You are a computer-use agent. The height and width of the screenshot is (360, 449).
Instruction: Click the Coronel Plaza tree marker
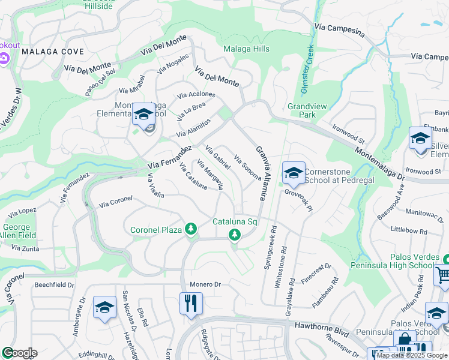tap(191, 229)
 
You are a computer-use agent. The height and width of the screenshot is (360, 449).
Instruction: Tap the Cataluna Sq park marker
tap(235, 236)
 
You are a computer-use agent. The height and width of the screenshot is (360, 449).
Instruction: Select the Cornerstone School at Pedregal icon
tap(293, 173)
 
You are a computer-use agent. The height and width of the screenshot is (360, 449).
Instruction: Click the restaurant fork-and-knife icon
tap(191, 303)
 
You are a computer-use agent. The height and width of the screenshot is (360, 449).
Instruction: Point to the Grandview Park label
tap(307, 110)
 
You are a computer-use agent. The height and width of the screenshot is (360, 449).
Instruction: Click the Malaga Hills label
tap(246, 49)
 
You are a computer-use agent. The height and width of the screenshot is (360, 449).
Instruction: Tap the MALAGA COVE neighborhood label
tap(53, 52)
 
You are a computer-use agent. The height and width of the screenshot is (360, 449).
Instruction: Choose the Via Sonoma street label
tap(247, 168)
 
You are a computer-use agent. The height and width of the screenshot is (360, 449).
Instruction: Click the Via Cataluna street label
tap(193, 176)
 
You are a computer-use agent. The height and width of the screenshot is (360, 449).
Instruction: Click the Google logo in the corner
tap(19, 353)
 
